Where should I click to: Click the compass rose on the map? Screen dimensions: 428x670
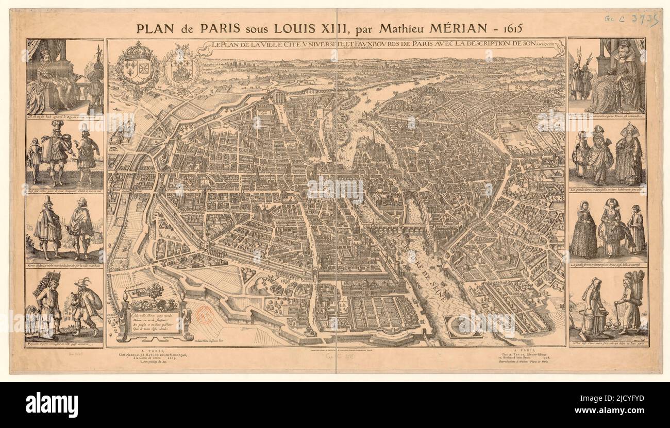(463, 327)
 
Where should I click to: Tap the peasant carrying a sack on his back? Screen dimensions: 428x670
(86, 305)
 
